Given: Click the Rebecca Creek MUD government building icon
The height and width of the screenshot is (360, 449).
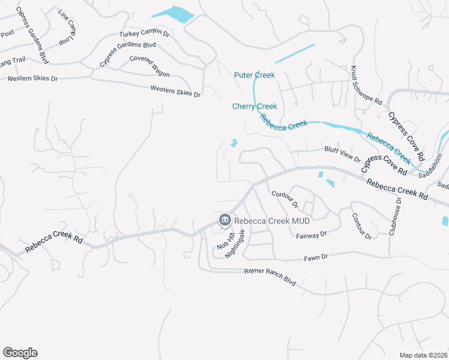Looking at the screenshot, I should click(x=224, y=220).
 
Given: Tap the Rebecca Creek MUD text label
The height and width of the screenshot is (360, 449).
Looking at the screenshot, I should click(x=265, y=220).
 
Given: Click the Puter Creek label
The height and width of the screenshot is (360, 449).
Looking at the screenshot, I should click(x=255, y=75).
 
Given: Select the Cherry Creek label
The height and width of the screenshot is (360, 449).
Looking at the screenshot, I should click(x=255, y=106).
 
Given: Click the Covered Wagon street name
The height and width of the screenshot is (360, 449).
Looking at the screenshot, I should click(x=149, y=66).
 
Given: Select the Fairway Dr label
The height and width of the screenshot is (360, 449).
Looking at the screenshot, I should click(x=311, y=235).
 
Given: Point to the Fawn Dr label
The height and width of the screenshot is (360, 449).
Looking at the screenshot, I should click(x=316, y=257).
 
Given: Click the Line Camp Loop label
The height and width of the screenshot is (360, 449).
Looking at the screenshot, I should click(x=67, y=26).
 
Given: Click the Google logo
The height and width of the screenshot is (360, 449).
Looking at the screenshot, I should click(x=20, y=352).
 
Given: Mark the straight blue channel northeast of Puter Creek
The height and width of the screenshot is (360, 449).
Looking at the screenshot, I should click(x=295, y=53).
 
